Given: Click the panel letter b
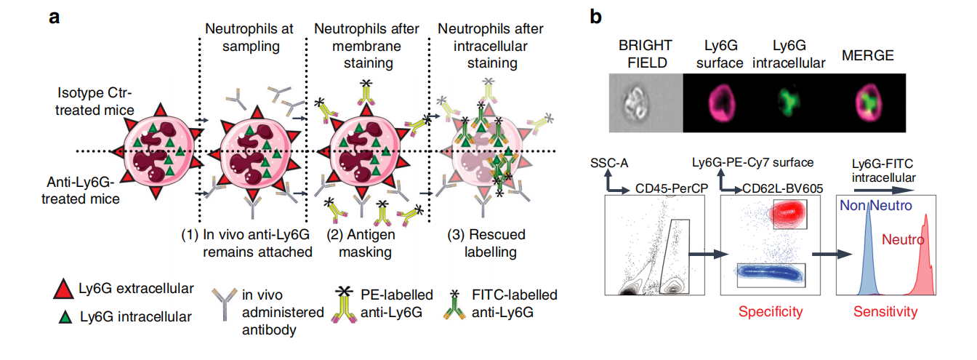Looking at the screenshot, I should (595, 15).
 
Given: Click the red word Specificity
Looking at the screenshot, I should (770, 312).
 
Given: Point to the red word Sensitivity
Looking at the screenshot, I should (885, 312).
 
